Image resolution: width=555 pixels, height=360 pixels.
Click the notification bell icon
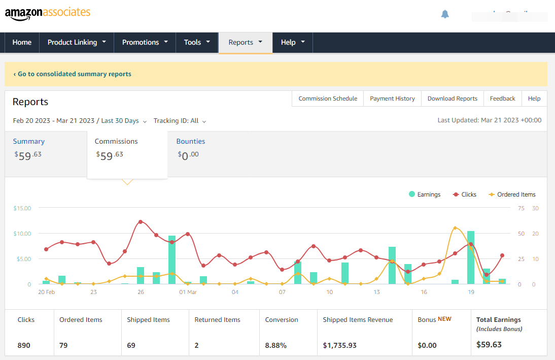[445, 14]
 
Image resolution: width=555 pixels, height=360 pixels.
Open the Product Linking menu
[77, 42]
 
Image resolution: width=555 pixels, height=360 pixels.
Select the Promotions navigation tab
[145, 42]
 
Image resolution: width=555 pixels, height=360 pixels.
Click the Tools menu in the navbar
[197, 42]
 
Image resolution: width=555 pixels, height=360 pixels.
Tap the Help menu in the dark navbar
[292, 42]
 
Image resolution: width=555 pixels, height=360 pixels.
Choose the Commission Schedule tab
[328, 99]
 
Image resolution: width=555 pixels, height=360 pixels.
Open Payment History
[392, 99]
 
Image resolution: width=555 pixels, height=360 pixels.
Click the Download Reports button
[452, 99]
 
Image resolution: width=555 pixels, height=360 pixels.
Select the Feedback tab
[502, 99]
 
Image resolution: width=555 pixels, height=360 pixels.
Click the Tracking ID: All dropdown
[180, 121]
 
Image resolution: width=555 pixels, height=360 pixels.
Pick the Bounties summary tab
[191, 142]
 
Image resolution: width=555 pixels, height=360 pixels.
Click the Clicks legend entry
[465, 194]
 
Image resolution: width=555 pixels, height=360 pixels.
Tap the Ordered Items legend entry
[512, 194]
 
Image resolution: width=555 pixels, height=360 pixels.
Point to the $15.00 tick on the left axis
[22, 208]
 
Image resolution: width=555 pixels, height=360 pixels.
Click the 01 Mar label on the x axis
[188, 292]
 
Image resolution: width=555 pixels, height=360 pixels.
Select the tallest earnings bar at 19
[471, 257]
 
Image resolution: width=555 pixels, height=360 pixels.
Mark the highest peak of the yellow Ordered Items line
[455, 228]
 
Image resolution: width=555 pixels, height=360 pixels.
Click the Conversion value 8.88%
[276, 345]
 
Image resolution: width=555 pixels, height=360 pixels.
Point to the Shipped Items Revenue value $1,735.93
[339, 345]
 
